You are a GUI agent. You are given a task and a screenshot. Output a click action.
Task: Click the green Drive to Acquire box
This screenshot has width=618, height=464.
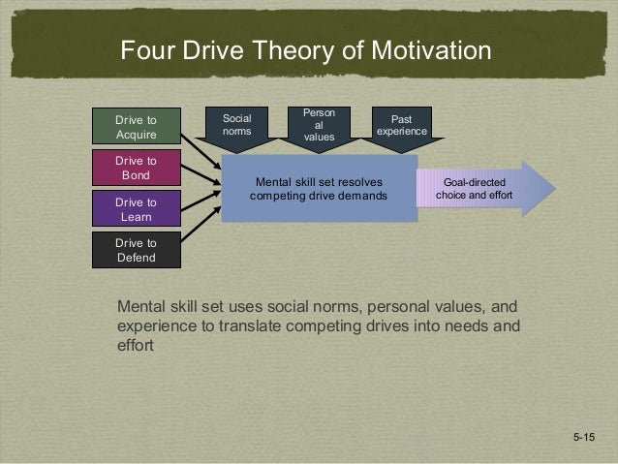coord(136,127)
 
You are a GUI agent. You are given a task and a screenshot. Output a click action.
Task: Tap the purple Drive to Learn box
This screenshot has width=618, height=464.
coord(136,209)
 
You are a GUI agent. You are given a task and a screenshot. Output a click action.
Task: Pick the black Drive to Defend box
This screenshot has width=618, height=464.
coord(136,251)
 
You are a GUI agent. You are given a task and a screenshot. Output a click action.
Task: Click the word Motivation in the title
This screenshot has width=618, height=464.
coord(422,50)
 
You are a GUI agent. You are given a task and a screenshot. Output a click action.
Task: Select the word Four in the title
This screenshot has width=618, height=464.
coord(144,50)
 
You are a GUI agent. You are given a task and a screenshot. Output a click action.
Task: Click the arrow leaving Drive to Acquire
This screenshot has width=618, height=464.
coord(201,141)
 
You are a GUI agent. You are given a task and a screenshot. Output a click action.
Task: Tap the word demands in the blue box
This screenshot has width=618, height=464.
coord(363,196)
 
